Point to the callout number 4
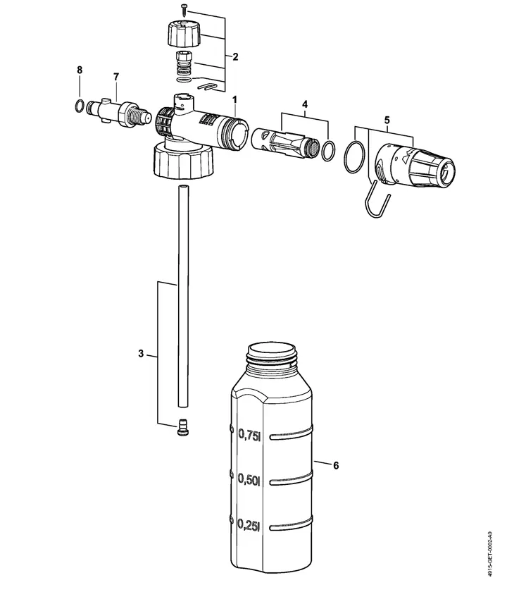[305, 104]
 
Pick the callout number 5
[386, 120]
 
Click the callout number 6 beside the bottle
[336, 466]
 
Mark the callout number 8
[80, 70]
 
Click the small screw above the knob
[184, 9]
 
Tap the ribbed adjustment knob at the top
[184, 32]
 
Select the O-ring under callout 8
[80, 106]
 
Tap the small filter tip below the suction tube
[183, 427]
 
